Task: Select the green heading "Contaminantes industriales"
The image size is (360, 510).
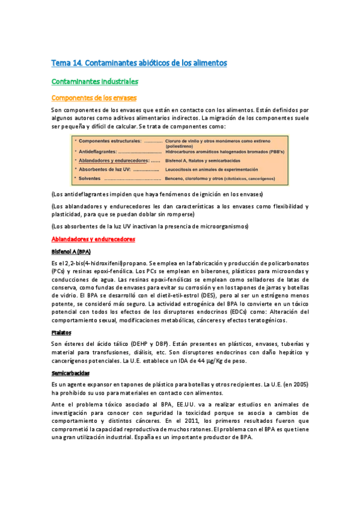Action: pos(94,81)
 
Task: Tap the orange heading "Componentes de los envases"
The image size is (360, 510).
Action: pos(94,98)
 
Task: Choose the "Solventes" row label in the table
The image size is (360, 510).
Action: pos(89,179)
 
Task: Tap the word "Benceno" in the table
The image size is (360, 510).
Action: pos(175,179)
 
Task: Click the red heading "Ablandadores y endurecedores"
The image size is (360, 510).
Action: pos(93,239)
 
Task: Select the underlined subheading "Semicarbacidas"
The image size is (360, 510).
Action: pos(71,372)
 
